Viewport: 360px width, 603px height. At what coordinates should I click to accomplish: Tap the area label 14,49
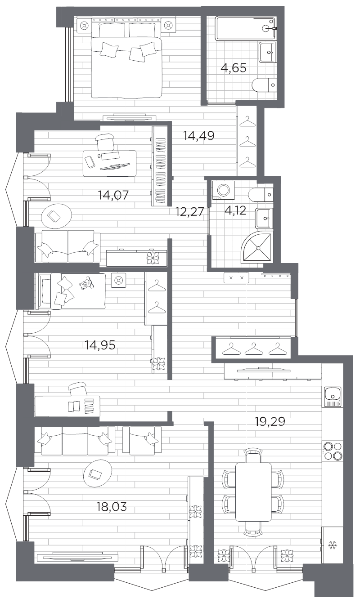[198, 135]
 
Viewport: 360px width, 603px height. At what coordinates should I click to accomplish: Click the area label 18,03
[112, 507]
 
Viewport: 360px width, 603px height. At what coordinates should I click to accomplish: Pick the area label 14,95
[99, 345]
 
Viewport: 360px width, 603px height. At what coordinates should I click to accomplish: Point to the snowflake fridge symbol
[333, 546]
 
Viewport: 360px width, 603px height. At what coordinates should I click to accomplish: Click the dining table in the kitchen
[254, 491]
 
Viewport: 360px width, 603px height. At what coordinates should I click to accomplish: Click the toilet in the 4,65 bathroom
[265, 84]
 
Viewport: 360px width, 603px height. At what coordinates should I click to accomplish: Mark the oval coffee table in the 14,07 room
[56, 216]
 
